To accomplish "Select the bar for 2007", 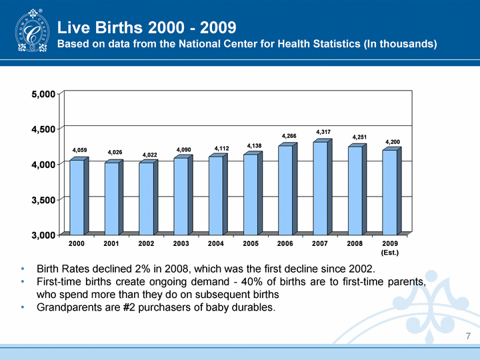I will point(320,188).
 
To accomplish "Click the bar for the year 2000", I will point(77,197).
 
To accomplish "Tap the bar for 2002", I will point(146,199).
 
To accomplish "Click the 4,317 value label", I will point(323,131).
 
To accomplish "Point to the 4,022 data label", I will point(149,155).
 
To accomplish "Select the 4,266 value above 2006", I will point(289,136).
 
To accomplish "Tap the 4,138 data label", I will point(254,145).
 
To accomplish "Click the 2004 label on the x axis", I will point(216,244).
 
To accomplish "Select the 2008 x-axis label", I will point(355,244).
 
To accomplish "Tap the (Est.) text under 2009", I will point(390,253).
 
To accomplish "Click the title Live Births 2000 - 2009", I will point(147,28).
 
